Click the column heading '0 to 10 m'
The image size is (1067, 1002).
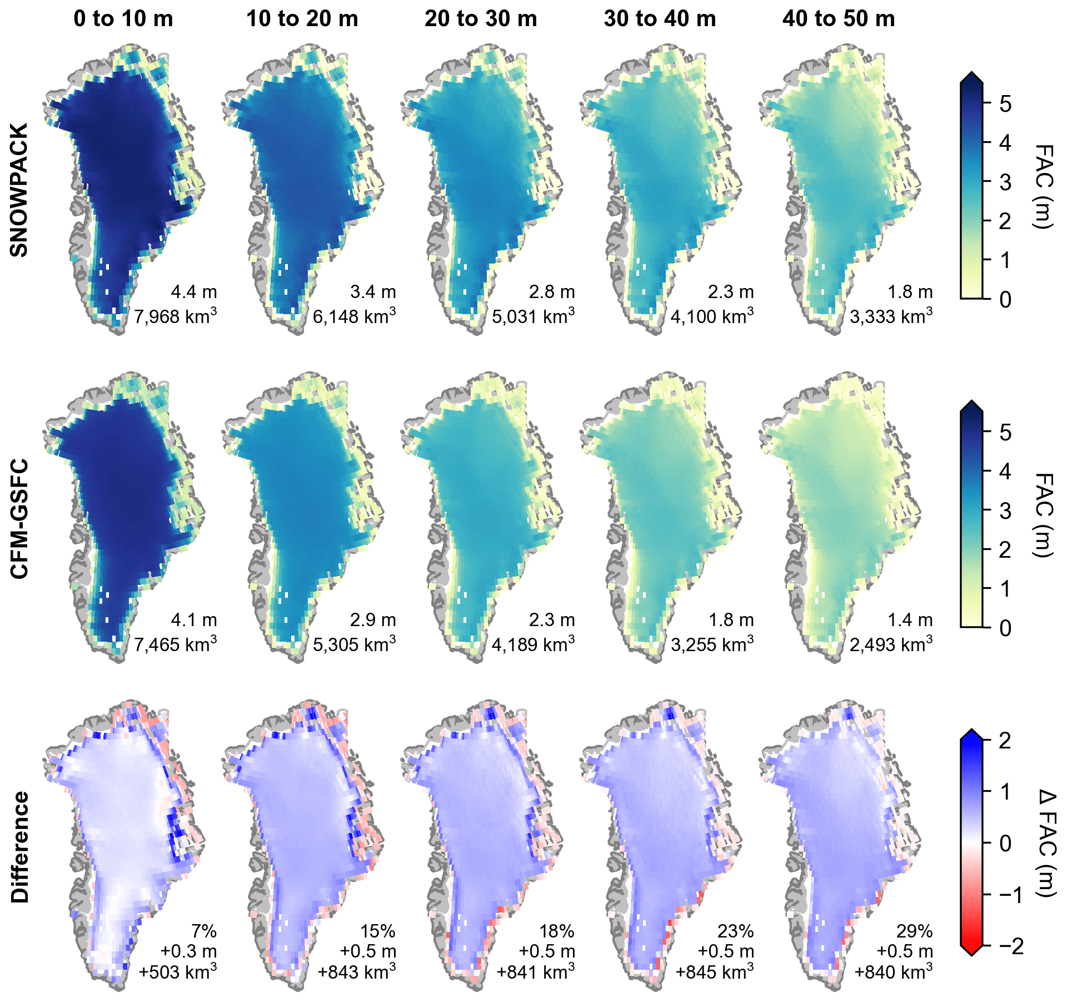pos(123,19)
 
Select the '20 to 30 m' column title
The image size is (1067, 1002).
pos(481,19)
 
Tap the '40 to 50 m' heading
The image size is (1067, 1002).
pos(839,19)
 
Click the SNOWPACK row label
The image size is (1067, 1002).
pos(19,190)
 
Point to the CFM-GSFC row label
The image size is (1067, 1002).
pos(19,518)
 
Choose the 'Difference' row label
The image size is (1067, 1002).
pos(19,847)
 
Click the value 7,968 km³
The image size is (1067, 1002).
pos(175,316)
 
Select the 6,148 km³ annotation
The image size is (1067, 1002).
pos(354,316)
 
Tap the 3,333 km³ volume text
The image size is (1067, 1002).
pos(891,316)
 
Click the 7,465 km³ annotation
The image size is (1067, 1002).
pos(175,644)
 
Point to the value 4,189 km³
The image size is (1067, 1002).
pos(533,644)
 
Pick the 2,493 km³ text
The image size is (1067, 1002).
pos(891,644)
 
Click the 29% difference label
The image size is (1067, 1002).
pos(914,931)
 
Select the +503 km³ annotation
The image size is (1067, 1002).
pos(177,972)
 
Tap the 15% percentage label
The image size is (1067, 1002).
pos(377,931)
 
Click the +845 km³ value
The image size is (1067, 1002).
pos(714,972)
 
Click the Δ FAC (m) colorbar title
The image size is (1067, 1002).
pos(1046,843)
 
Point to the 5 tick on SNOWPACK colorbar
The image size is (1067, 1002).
pos(1005,104)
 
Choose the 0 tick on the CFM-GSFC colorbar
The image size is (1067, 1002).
pos(1005,628)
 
